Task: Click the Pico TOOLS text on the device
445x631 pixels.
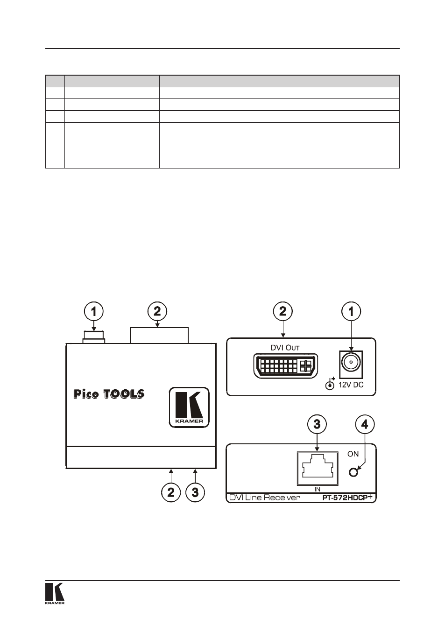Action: click(x=109, y=394)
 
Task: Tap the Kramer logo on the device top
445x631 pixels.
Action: click(x=189, y=407)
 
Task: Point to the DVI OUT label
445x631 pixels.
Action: click(x=285, y=348)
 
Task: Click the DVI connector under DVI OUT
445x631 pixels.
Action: click(x=285, y=366)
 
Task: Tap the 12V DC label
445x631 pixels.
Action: click(x=351, y=385)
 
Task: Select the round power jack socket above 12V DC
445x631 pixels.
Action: click(x=351, y=365)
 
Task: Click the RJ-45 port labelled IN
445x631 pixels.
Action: click(x=318, y=469)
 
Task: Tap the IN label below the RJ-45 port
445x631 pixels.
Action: click(x=318, y=489)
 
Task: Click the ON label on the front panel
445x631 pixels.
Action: click(x=353, y=454)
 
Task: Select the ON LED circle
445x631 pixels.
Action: click(x=353, y=472)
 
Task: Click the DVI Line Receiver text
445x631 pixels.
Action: click(x=265, y=498)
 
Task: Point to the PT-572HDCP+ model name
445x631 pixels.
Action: click(x=349, y=498)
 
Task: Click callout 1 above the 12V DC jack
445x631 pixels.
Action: click(x=351, y=312)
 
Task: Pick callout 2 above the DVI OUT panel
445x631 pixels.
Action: click(x=283, y=312)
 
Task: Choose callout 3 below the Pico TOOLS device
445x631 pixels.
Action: click(x=195, y=492)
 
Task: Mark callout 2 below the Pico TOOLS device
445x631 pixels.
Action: click(x=171, y=492)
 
